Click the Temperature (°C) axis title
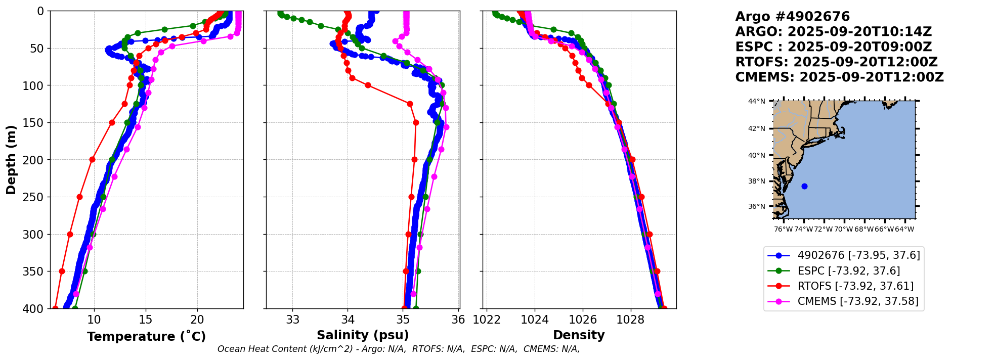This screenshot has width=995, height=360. pyautogui.click(x=146, y=337)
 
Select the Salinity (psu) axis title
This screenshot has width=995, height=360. pyautogui.click(x=363, y=335)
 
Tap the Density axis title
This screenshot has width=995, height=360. pyautogui.click(x=579, y=335)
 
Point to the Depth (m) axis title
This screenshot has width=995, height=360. pyautogui.click(x=11, y=160)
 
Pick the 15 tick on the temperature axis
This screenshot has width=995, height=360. pyautogui.click(x=146, y=320)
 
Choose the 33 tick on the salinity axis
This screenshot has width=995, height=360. pyautogui.click(x=293, y=320)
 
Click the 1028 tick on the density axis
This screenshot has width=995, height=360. pyautogui.click(x=631, y=320)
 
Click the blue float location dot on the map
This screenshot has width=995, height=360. pyautogui.click(x=804, y=186)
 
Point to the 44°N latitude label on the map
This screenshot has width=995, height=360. pyautogui.click(x=757, y=101)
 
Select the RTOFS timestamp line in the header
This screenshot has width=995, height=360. pyautogui.click(x=836, y=62)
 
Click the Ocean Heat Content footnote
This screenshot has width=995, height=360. pyautogui.click(x=398, y=349)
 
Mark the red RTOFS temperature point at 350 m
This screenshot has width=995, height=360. pyautogui.click(x=62, y=271)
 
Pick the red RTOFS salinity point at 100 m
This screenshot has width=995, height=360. pyautogui.click(x=368, y=85)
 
